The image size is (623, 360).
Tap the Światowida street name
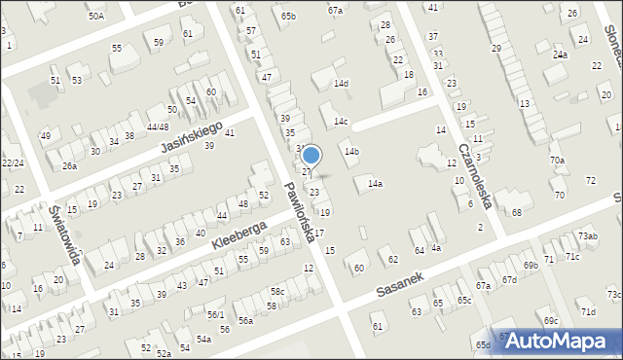click(x=64, y=226)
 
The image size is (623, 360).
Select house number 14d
click(x=341, y=84)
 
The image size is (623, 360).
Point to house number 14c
click(x=340, y=121)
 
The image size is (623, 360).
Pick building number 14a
click(x=375, y=183)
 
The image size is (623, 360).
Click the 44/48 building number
click(x=157, y=126)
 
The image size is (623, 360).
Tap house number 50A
click(x=95, y=16)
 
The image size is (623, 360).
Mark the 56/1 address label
click(x=215, y=314)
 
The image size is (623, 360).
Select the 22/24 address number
click(x=13, y=162)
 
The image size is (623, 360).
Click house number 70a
click(x=557, y=160)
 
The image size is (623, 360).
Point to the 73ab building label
click(x=587, y=236)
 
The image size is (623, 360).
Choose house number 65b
click(x=288, y=16)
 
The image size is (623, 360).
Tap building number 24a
click(x=560, y=54)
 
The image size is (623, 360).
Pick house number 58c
click(x=277, y=291)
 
